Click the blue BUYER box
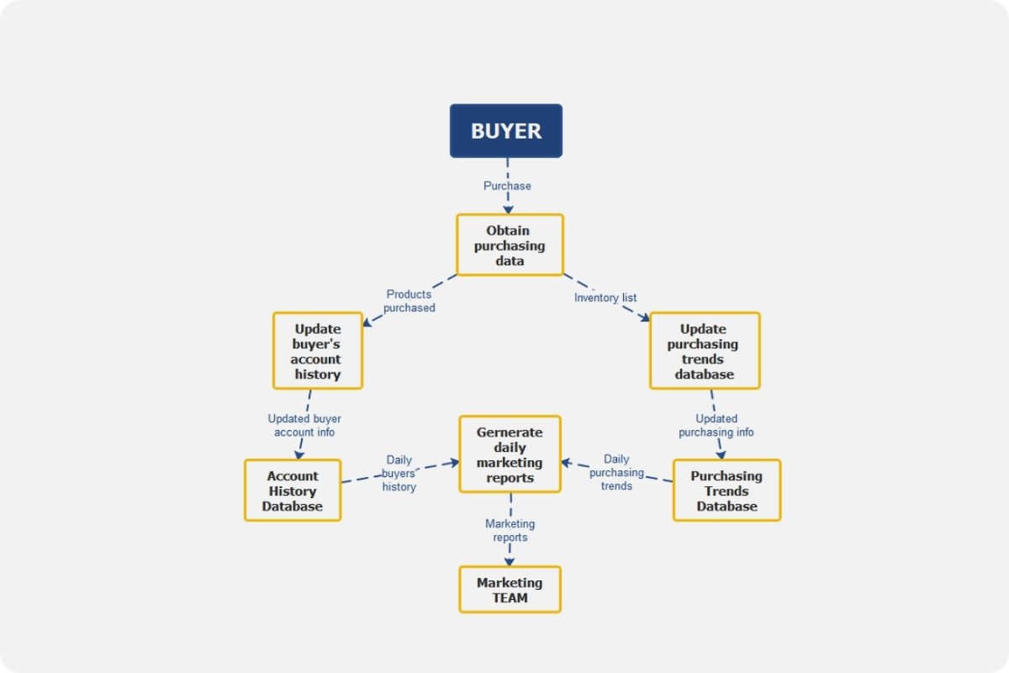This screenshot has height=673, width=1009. tap(505, 130)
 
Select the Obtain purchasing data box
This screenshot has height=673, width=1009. tap(510, 245)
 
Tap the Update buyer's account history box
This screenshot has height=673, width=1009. tap(317, 351)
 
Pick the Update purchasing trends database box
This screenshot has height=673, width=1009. tap(704, 351)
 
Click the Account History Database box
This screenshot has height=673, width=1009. tap(292, 490)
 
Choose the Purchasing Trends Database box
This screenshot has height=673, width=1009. tap(726, 490)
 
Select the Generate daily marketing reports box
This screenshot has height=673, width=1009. tap(510, 454)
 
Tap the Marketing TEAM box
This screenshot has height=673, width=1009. tap(510, 590)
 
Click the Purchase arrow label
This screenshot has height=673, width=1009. tap(507, 185)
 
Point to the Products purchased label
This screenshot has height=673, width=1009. tap(409, 301)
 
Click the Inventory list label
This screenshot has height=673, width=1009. tap(605, 298)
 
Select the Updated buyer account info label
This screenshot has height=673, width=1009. tap(304, 425)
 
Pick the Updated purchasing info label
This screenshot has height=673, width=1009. tap(716, 425)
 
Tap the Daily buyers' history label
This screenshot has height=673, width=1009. tap(399, 474)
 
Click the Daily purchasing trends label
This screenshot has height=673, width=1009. tap(616, 472)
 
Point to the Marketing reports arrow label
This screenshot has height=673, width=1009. tap(510, 530)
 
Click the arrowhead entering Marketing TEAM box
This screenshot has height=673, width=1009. tap(509, 559)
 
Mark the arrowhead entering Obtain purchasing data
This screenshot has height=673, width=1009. tap(508, 208)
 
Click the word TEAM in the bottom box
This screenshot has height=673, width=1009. tap(510, 598)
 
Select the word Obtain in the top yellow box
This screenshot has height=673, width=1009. tap(509, 230)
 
